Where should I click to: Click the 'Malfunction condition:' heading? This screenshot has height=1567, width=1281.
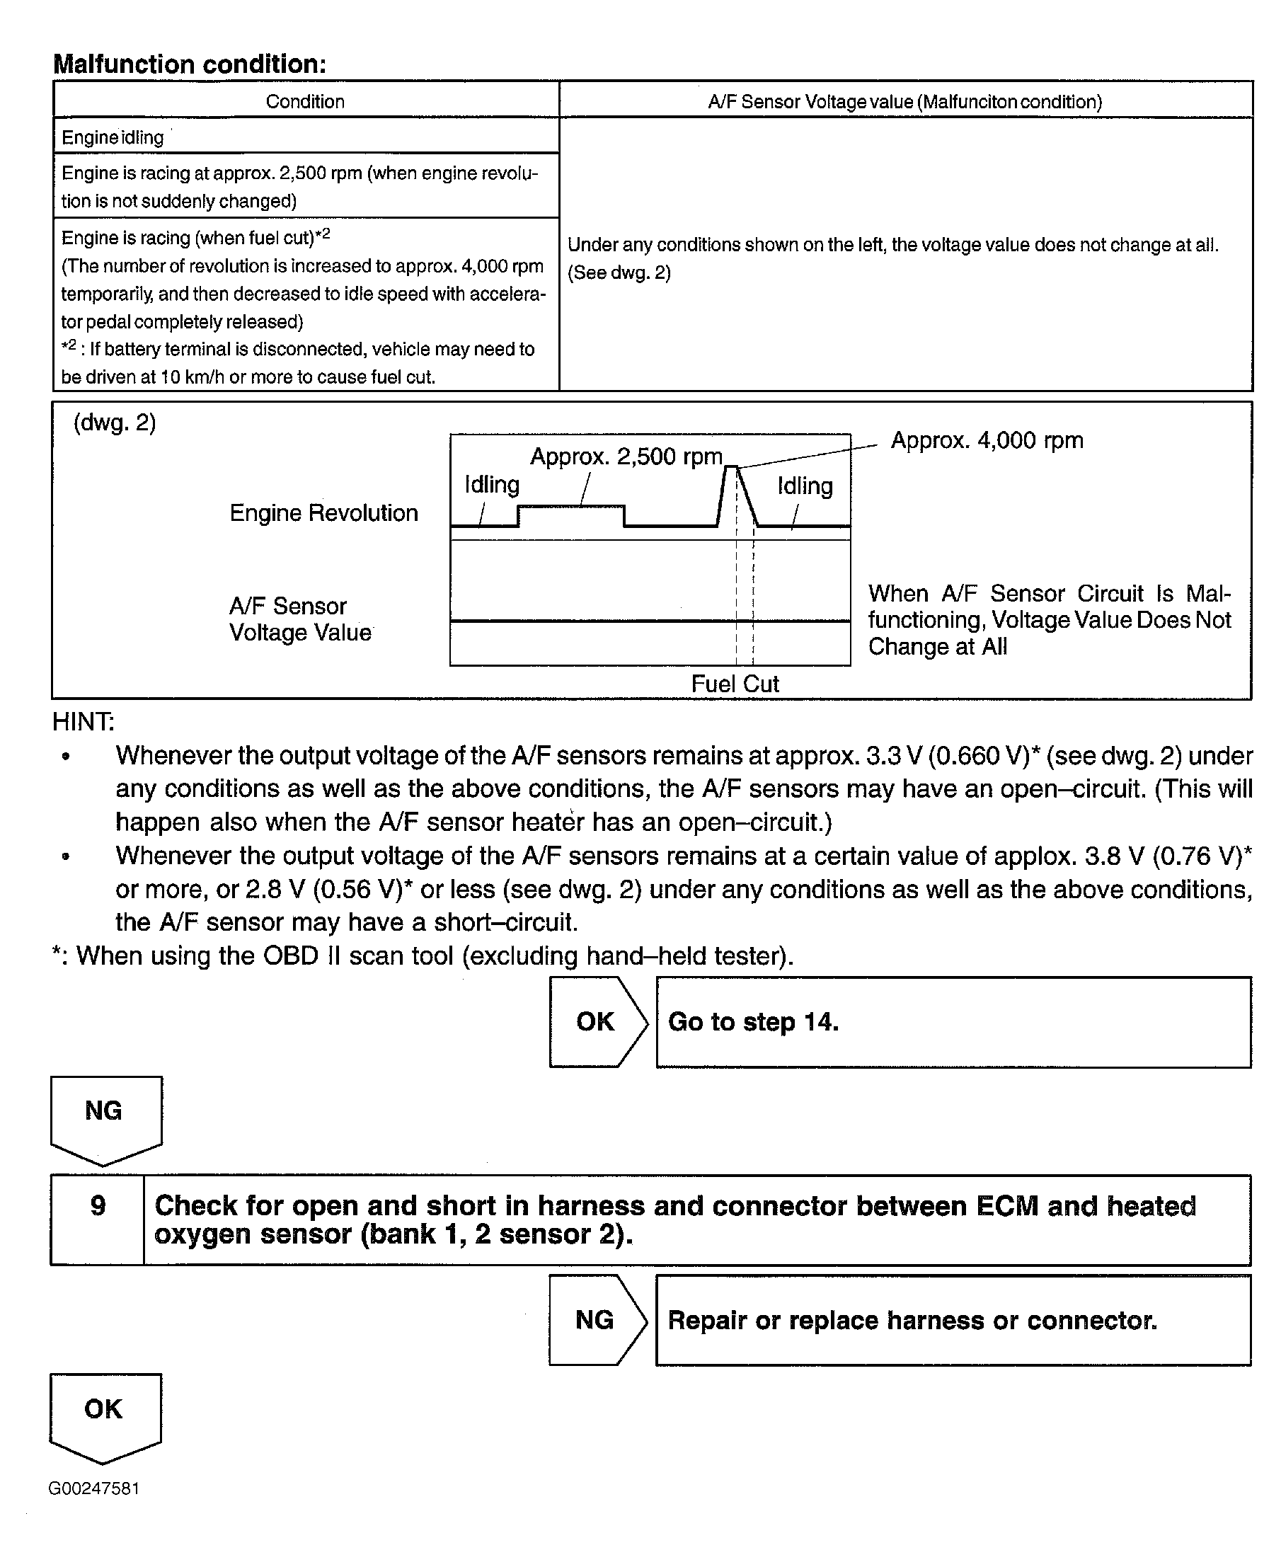tap(190, 64)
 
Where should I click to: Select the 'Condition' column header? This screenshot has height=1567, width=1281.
tap(305, 102)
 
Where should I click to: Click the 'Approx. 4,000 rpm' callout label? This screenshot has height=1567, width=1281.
tap(987, 440)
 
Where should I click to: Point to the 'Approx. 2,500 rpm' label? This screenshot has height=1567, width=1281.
tap(626, 457)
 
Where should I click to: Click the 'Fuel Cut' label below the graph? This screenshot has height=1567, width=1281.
tap(734, 684)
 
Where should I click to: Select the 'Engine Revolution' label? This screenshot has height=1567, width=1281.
tap(323, 512)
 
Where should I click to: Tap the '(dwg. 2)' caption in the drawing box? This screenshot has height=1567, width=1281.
tap(115, 423)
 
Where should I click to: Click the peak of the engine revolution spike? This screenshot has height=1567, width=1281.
tap(731, 466)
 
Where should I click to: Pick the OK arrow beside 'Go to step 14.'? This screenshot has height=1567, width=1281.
tap(596, 1022)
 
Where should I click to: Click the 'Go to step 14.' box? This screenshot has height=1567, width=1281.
tap(953, 1023)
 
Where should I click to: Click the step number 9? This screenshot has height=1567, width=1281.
tap(98, 1206)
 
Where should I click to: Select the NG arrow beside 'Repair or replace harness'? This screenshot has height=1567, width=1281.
tap(595, 1320)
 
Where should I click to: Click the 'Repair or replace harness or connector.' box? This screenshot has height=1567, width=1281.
tap(953, 1321)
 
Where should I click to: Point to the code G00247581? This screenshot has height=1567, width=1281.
tap(93, 1488)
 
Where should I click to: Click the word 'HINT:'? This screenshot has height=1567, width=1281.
tap(83, 721)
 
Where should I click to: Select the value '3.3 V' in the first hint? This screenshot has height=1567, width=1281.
tap(893, 756)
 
